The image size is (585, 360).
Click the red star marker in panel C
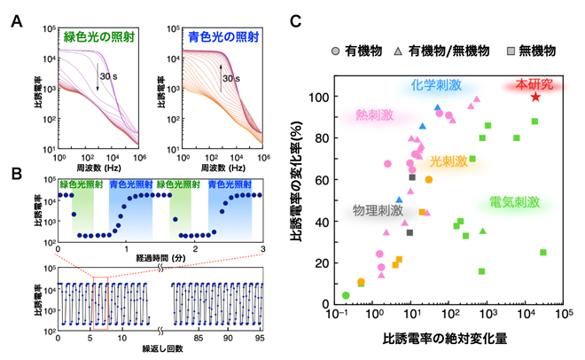[x=535, y=97]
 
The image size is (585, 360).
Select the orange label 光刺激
[x=447, y=161]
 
